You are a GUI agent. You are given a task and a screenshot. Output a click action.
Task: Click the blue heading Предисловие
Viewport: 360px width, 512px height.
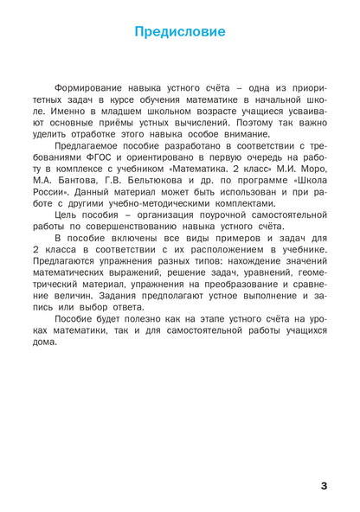click(x=180, y=33)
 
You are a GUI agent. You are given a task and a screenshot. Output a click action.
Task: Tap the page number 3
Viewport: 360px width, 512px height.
click(x=323, y=485)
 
